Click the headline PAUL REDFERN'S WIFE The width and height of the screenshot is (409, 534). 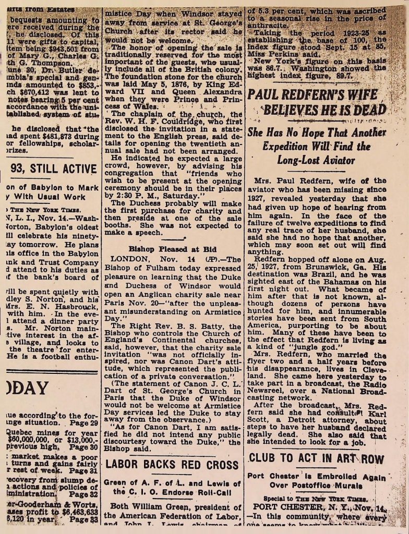pos(317,95)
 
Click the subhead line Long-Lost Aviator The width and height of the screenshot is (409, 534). pos(316,159)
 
